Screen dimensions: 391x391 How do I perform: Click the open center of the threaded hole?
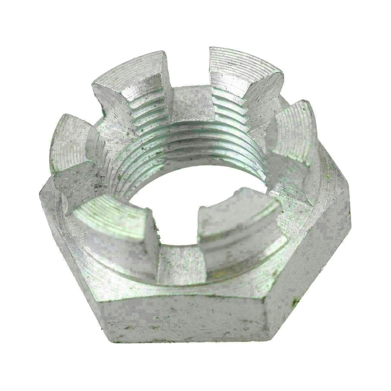(191, 212)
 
